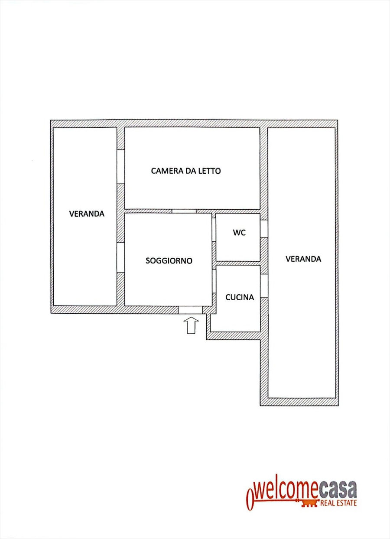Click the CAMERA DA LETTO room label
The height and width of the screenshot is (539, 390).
186,171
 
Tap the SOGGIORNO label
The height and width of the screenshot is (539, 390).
169,260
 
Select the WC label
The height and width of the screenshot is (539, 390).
239,233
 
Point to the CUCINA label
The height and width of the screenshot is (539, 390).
240,297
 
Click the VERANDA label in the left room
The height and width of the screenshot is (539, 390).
87,214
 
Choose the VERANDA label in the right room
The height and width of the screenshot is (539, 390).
303,259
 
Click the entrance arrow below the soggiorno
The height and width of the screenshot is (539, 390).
191,325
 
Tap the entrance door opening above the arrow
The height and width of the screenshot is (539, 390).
190,310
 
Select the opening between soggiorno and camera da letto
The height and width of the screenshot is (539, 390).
184,211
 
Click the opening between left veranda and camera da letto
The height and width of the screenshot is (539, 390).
120,167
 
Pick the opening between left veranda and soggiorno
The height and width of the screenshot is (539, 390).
120,258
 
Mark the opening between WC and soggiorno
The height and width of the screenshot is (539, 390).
214,230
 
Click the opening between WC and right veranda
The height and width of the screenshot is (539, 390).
264,229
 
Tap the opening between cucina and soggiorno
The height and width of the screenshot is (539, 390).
214,281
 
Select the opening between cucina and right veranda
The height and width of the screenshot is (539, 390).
264,286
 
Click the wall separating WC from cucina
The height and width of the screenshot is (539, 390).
238,263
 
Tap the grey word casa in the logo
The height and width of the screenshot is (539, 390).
338,490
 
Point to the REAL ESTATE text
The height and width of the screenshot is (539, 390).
338,503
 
